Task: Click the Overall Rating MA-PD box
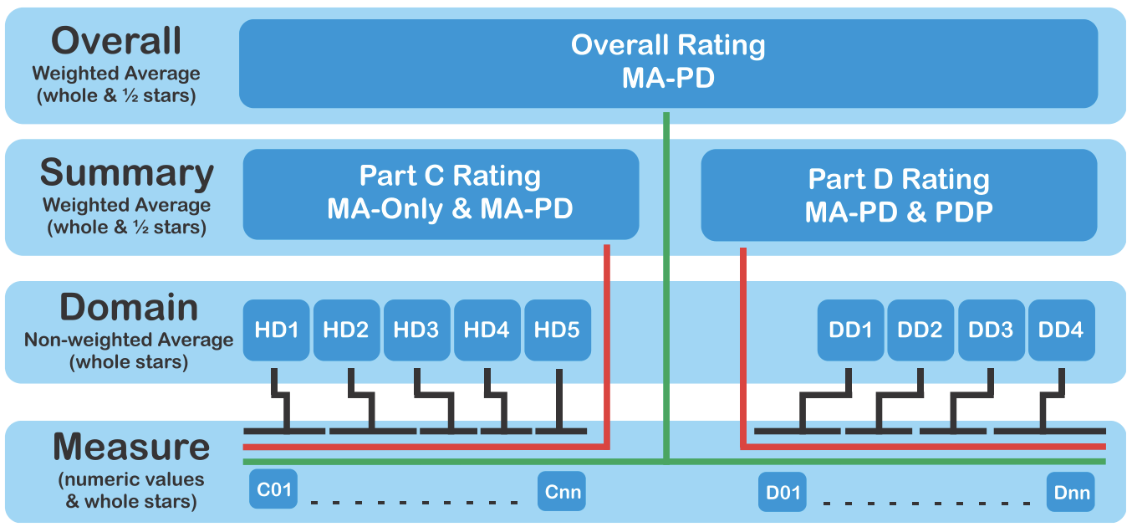point(668,63)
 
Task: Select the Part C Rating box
point(441,193)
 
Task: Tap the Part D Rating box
point(898,195)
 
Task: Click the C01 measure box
point(274,489)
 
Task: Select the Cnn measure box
point(561,491)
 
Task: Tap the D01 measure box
point(783,492)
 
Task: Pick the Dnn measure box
point(1071,492)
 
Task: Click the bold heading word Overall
point(116,40)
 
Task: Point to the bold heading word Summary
point(127,173)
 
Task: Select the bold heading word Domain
point(129,308)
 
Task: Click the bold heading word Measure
point(131,448)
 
